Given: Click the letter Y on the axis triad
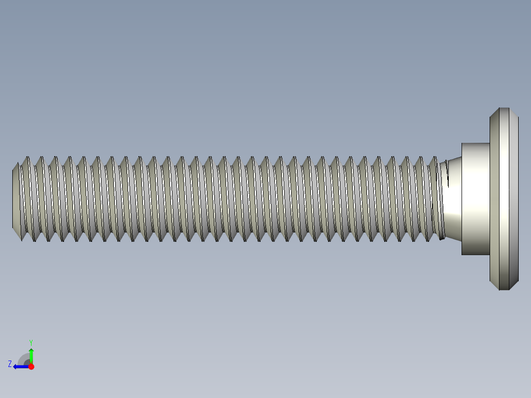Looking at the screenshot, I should (31, 342).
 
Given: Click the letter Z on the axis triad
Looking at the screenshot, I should (10, 364).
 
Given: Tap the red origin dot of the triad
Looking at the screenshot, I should (31, 366).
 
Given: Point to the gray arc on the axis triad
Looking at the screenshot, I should (23, 358).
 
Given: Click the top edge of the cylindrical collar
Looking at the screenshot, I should (475, 143).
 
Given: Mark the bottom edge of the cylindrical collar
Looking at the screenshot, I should (475, 255).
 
